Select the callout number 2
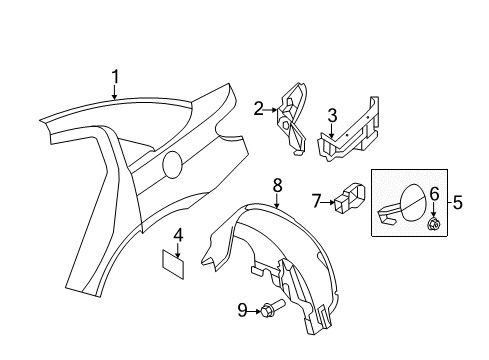258,109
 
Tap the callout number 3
333,115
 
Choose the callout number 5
458,203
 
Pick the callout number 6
434,193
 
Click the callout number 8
278,184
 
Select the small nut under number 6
434,225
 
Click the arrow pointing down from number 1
114,92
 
